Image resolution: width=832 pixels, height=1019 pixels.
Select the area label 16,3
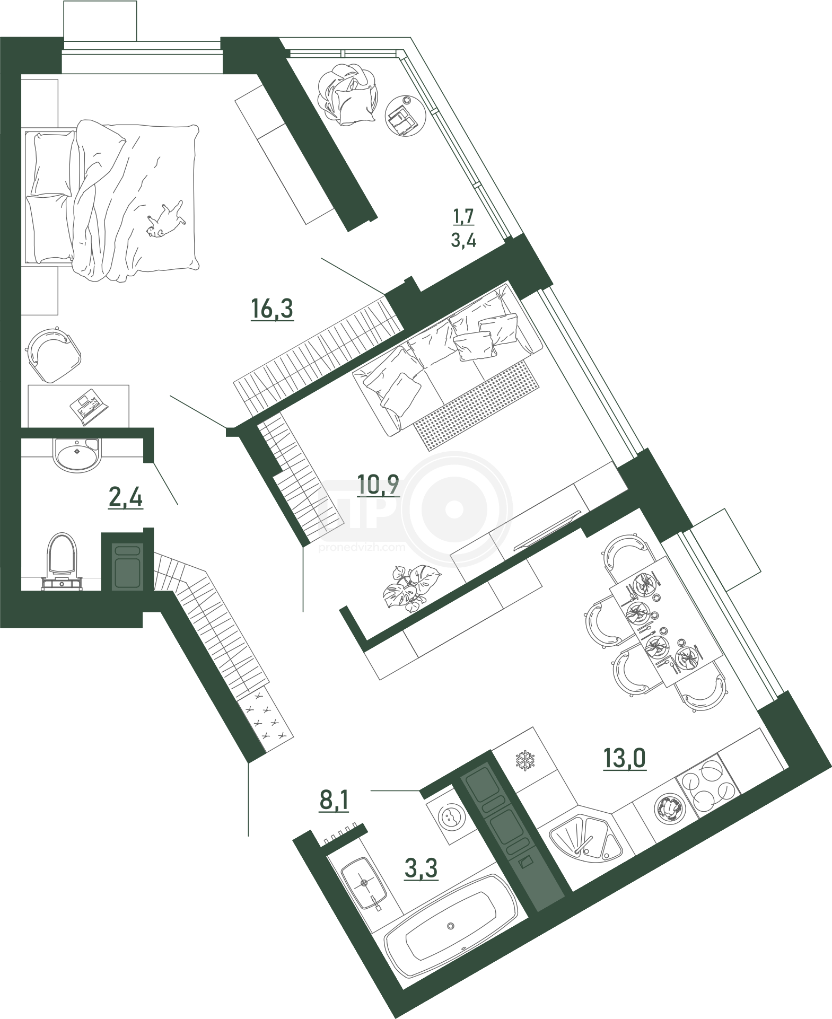(x=272, y=310)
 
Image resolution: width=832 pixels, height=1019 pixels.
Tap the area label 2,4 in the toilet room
(x=126, y=499)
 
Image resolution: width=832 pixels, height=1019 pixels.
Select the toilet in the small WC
(x=63, y=563)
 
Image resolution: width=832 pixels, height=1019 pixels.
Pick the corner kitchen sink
(x=583, y=840)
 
